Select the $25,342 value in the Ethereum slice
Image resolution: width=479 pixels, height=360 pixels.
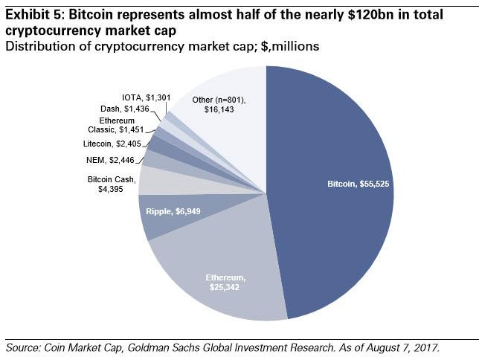coord(225,287)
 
